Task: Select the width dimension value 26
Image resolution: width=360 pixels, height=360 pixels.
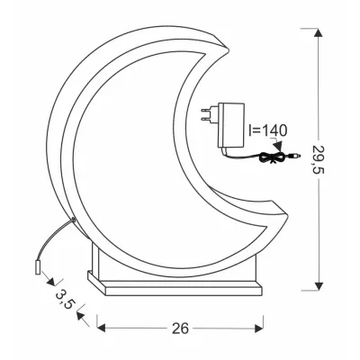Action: (x=181, y=328)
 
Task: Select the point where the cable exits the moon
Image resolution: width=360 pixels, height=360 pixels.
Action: (x=69, y=220)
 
